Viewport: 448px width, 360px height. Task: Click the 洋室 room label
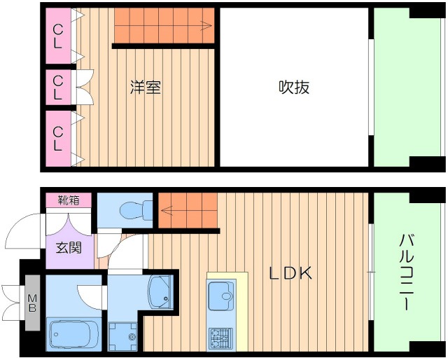146,88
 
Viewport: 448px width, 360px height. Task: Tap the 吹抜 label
294,88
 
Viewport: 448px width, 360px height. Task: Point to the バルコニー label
406,273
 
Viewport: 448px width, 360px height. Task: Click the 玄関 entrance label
69,247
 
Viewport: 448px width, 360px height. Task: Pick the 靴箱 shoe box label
69,200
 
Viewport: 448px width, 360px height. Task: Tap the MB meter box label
32,303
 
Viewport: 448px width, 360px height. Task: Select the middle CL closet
58,88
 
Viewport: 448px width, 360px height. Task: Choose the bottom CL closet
58,138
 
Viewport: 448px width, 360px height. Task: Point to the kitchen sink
223,293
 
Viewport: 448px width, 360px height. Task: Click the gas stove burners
222,339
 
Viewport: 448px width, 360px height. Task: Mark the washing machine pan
125,335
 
